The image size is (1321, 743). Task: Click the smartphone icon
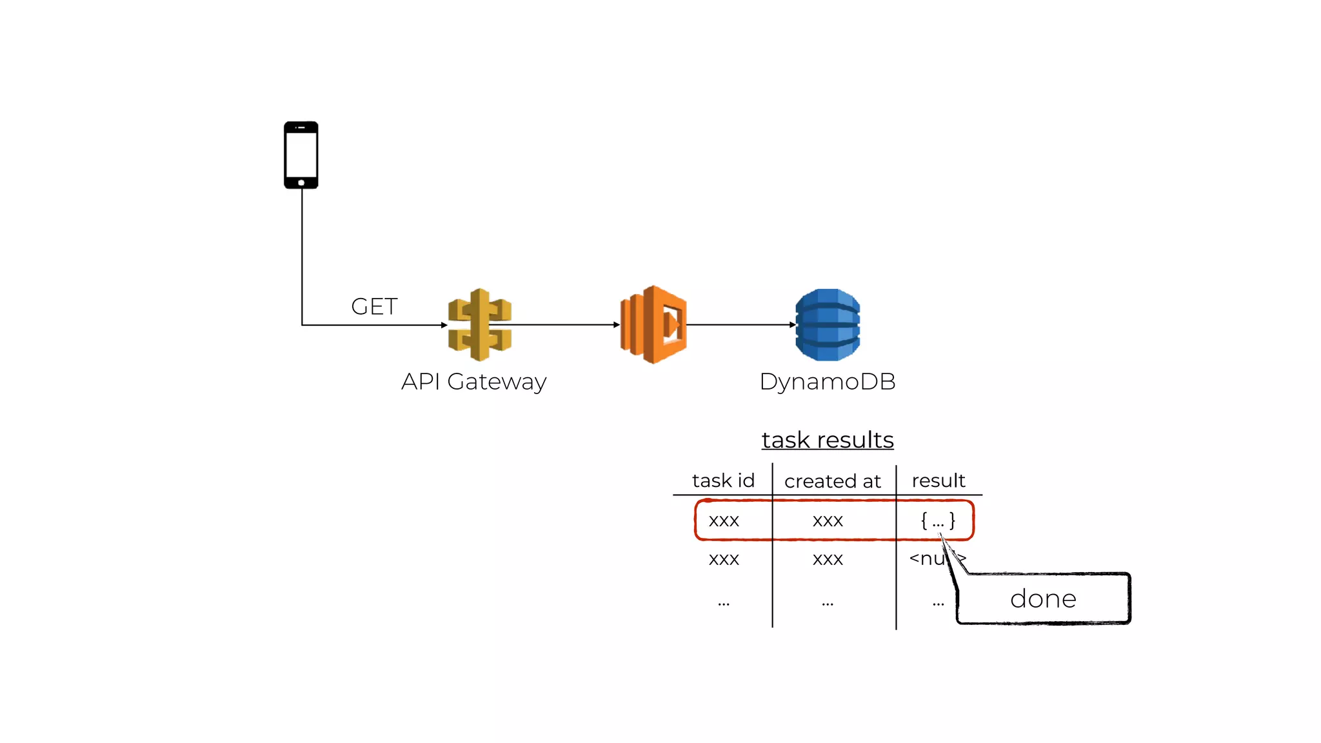[301, 155]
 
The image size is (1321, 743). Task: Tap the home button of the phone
[301, 183]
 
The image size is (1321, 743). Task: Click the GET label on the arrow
[374, 306]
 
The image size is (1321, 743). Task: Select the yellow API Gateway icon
[480, 324]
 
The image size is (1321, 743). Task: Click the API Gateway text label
[473, 381]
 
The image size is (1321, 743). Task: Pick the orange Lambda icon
[653, 324]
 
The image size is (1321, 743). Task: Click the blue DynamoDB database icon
[828, 324]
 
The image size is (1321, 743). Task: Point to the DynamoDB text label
[828, 381]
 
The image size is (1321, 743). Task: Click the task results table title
[828, 440]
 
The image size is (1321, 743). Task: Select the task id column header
[723, 480]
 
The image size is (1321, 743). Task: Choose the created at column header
[832, 481]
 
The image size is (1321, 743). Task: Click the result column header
[939, 480]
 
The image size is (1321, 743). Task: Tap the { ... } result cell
[938, 520]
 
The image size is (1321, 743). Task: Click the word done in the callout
[1043, 599]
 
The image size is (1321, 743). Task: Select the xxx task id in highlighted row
[724, 520]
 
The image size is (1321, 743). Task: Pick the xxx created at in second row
[828, 559]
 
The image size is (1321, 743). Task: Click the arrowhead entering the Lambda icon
[617, 324]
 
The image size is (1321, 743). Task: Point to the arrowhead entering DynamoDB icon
[793, 324]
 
